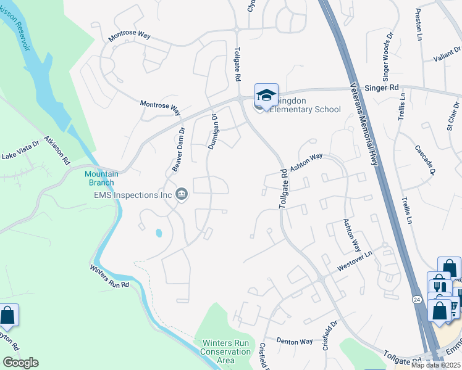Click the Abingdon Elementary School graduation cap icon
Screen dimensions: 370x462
point(266,95)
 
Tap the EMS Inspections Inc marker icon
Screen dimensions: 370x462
point(182,195)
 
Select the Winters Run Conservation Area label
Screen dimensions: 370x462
point(225,351)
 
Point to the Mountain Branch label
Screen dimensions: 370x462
point(99,178)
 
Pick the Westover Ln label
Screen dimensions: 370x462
point(356,262)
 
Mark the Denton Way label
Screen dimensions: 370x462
point(295,341)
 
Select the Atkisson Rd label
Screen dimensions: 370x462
point(57,150)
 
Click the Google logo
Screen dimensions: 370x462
point(20,363)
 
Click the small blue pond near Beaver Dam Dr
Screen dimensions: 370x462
point(159,233)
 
